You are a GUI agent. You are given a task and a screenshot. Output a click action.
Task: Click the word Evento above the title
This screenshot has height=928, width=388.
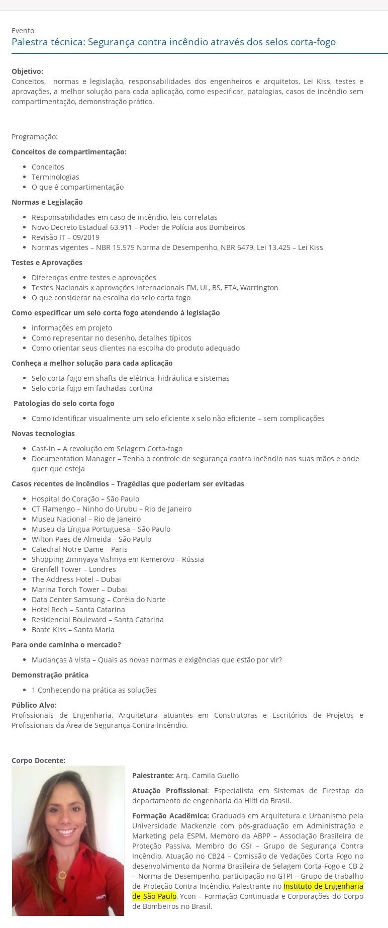click(x=23, y=31)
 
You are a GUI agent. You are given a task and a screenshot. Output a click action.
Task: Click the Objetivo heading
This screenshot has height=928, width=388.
click(x=27, y=71)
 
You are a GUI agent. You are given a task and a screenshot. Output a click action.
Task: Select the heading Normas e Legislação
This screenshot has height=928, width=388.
click(x=47, y=202)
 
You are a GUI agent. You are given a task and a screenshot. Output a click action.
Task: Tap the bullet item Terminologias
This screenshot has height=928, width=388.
click(x=55, y=177)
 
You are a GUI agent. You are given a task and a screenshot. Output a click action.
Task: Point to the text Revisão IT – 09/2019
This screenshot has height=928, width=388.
click(x=65, y=237)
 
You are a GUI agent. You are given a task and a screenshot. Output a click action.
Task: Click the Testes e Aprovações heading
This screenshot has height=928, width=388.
click(x=47, y=263)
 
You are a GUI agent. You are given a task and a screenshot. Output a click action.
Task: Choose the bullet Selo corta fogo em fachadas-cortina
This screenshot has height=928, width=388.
click(x=92, y=388)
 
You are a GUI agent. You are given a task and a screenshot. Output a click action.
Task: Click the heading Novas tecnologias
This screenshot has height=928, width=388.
click(x=43, y=434)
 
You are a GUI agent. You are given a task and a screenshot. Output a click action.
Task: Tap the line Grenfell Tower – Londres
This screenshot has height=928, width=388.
click(x=73, y=569)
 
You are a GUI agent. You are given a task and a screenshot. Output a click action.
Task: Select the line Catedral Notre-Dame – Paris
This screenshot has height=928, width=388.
click(x=79, y=549)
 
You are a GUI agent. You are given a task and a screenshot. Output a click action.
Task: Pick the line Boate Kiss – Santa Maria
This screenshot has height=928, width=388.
click(x=73, y=630)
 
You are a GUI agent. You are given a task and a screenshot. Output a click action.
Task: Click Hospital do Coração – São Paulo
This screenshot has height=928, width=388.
click(x=85, y=499)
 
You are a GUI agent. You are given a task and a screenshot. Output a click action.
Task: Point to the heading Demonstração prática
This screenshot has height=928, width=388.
click(x=50, y=675)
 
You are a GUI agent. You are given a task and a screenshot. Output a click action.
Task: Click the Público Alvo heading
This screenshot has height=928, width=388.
click(x=34, y=705)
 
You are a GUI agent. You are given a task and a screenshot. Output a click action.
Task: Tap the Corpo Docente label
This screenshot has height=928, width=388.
click(x=38, y=761)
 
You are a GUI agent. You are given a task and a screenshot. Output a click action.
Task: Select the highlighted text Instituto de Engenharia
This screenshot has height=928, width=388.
click(x=323, y=886)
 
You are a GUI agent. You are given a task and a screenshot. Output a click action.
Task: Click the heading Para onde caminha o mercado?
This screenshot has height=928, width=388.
click(x=66, y=645)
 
